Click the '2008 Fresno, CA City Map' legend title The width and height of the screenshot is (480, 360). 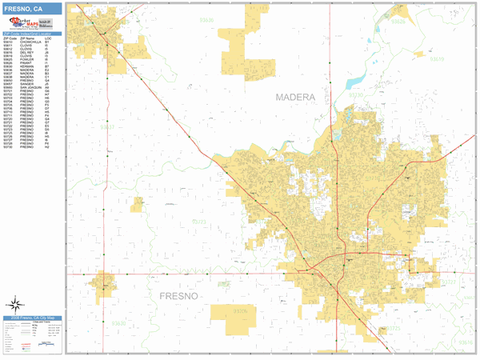[x=33, y=318]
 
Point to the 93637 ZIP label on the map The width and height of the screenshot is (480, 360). [x=108, y=126]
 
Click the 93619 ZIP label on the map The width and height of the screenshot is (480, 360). [x=438, y=59]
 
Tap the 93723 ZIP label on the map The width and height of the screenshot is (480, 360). [x=198, y=222]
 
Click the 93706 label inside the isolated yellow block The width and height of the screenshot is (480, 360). [x=240, y=310]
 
